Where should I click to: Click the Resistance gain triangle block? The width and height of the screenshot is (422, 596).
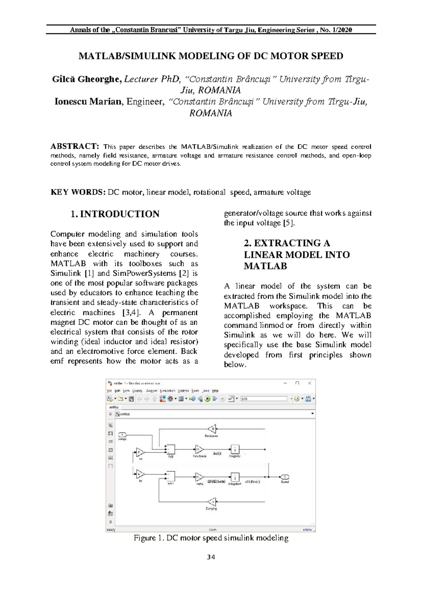point(212,429)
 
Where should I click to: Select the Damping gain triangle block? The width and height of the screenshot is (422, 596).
point(212,502)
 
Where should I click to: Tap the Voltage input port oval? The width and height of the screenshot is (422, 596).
point(122,435)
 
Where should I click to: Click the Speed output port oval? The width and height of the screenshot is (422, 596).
point(285,477)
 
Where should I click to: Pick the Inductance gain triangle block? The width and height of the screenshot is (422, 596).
point(199,449)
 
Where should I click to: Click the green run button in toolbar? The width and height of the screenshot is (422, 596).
point(207,399)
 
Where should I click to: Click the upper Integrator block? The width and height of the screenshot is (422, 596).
point(235,449)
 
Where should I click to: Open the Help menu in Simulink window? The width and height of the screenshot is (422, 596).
point(215,390)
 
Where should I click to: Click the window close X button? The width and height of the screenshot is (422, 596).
point(309,383)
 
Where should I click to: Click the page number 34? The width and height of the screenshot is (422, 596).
point(211,557)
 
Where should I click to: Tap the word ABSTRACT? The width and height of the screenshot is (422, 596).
point(74,146)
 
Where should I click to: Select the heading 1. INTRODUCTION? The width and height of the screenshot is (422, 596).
point(115,214)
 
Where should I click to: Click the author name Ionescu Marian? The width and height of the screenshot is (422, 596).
point(88,102)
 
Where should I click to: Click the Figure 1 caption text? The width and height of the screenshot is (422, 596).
point(211,538)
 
